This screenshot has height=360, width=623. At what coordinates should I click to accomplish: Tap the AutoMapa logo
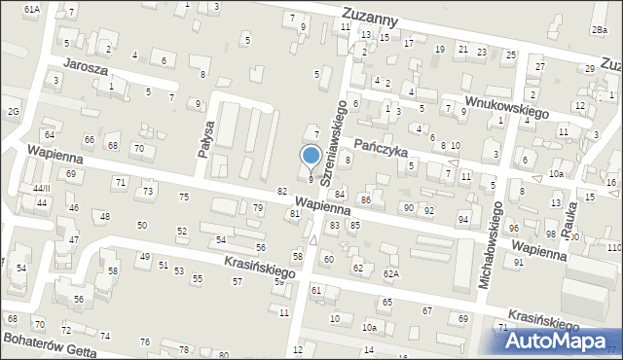click(x=554, y=341)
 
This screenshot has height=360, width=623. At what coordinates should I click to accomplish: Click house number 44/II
click(x=40, y=188)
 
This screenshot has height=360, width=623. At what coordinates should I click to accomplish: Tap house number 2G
click(x=13, y=111)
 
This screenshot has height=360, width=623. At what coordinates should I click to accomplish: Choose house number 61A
click(x=32, y=9)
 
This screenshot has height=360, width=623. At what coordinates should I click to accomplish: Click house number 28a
click(x=598, y=31)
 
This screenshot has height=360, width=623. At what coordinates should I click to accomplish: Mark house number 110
click(x=613, y=248)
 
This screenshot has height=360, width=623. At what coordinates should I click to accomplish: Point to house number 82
click(x=282, y=191)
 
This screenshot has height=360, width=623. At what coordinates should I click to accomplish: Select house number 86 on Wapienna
click(x=366, y=199)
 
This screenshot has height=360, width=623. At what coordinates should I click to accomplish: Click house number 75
click(x=184, y=198)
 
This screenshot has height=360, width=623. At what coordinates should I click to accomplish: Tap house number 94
click(x=463, y=219)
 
